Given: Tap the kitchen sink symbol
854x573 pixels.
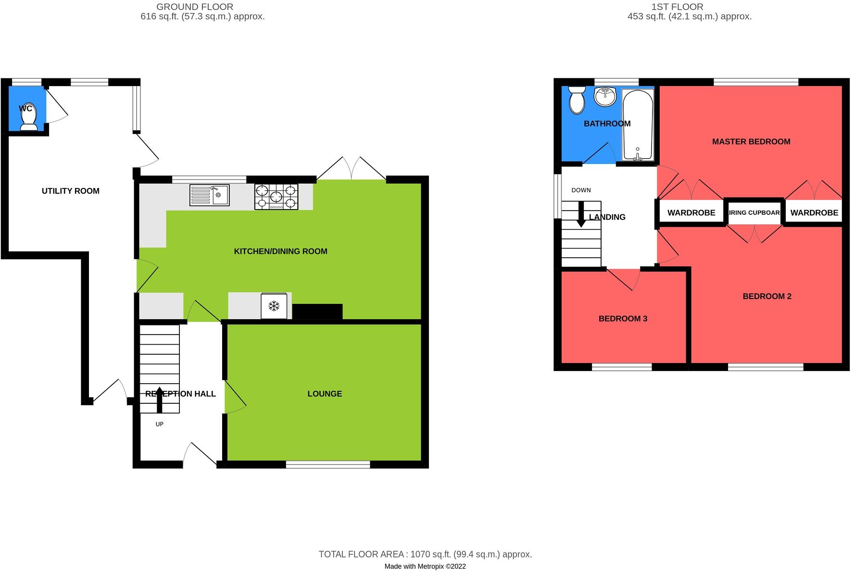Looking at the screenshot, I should point(210,195).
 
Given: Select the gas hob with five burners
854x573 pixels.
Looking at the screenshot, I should point(276,197).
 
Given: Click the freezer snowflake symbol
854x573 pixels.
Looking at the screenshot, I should point(274,306).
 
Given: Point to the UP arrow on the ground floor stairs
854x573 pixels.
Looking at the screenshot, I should point(160,399).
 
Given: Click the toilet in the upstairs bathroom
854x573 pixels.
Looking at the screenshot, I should point(577,100).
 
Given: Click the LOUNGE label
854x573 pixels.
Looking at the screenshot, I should point(325,394).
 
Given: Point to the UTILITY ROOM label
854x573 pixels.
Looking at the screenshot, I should point(71,191).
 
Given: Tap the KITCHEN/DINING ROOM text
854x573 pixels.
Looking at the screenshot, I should point(280,251).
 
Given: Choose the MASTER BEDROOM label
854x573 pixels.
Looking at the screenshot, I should point(751,141).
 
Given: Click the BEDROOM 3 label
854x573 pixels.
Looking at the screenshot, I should point(623,318).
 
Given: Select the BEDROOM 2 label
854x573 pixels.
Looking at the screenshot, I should point(767,296).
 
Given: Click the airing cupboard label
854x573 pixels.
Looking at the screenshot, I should point(754,212).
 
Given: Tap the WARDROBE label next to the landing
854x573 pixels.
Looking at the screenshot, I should point(691,212).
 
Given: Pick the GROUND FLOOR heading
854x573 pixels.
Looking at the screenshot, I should point(195,7).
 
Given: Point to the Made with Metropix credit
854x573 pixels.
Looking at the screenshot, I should point(425,566).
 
